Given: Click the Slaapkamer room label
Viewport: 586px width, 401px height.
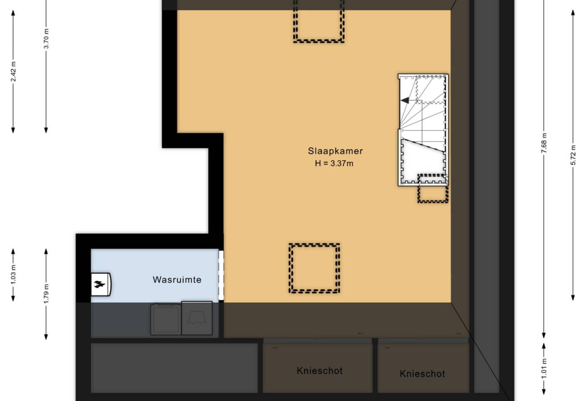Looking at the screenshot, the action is click(x=335, y=151).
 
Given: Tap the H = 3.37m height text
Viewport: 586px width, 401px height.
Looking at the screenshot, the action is click(x=334, y=164).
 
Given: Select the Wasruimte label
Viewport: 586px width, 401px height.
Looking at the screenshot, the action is click(x=177, y=280).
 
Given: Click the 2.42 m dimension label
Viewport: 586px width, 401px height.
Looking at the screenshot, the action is click(x=14, y=71).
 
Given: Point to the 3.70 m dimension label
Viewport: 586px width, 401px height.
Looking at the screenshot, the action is click(x=46, y=39).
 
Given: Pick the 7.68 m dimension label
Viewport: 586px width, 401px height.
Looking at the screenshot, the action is click(x=544, y=143).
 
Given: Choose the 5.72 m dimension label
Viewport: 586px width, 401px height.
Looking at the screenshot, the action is click(x=573, y=155).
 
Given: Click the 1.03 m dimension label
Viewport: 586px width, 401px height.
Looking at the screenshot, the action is click(x=14, y=274).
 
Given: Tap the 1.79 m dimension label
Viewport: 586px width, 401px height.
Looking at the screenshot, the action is click(x=46, y=294).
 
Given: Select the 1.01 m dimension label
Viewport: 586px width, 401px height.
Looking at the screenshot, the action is click(x=544, y=369).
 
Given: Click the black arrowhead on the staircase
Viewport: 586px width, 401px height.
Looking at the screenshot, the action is click(x=405, y=100).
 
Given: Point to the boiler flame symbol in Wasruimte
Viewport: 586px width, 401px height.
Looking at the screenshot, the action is click(x=100, y=284).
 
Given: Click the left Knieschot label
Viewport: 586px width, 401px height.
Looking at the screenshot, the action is click(x=320, y=371).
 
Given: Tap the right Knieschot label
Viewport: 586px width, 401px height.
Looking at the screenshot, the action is click(x=422, y=374).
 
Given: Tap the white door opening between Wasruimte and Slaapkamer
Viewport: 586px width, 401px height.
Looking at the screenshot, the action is click(x=221, y=275).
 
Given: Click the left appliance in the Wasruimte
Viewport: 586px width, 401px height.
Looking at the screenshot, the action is click(x=165, y=319).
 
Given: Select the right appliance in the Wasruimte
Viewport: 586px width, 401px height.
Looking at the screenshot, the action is click(x=197, y=318).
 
